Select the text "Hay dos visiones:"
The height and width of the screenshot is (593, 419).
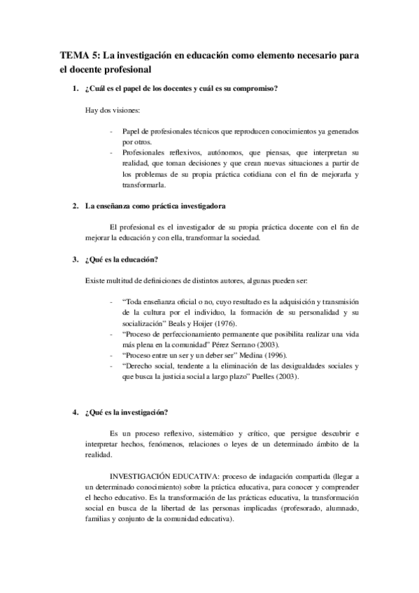(112, 110)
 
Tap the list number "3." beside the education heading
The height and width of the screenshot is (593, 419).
(76, 260)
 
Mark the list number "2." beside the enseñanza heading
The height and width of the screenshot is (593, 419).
(76, 206)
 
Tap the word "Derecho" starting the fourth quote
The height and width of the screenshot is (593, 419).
(140, 366)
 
